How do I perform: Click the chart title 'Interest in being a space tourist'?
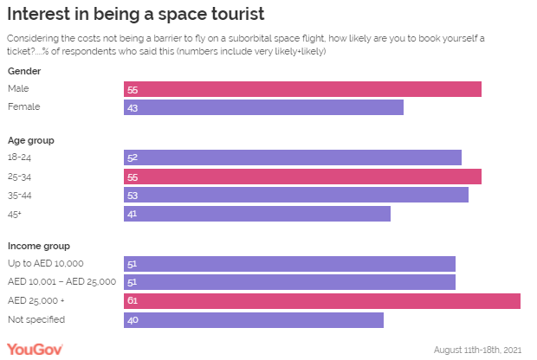[135, 16]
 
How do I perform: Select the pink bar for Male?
[302, 89]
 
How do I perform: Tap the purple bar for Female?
[263, 107]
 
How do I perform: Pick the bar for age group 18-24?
[292, 157]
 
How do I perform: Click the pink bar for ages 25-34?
[302, 177]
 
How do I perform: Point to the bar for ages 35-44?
[295, 195]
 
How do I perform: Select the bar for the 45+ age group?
[256, 213]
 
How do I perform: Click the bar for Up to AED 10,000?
[289, 264]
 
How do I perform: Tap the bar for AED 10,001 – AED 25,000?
[289, 282]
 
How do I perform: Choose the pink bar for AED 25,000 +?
[321, 300]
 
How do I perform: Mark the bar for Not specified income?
[253, 319]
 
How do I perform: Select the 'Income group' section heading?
[38, 246]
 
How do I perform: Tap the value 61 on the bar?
[132, 301]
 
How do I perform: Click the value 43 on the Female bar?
[132, 108]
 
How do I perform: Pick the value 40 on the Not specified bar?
[132, 320]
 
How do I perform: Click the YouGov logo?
[35, 348]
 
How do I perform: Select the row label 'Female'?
[23, 107]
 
